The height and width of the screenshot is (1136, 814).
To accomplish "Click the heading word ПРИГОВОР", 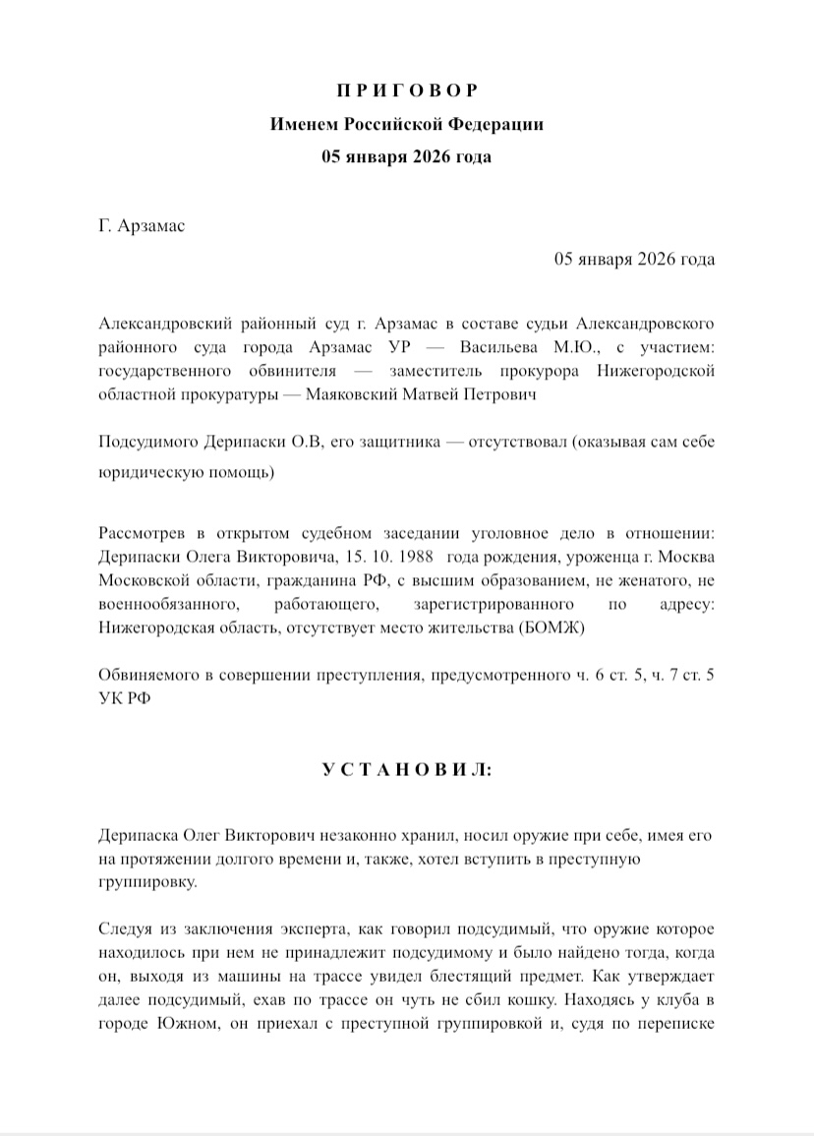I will [x=407, y=91].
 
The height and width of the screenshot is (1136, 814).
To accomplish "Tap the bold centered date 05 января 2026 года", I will [x=407, y=156].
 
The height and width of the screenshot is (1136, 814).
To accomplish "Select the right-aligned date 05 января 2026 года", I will [x=635, y=260].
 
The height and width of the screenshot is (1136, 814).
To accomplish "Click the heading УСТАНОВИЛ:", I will [x=407, y=770].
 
